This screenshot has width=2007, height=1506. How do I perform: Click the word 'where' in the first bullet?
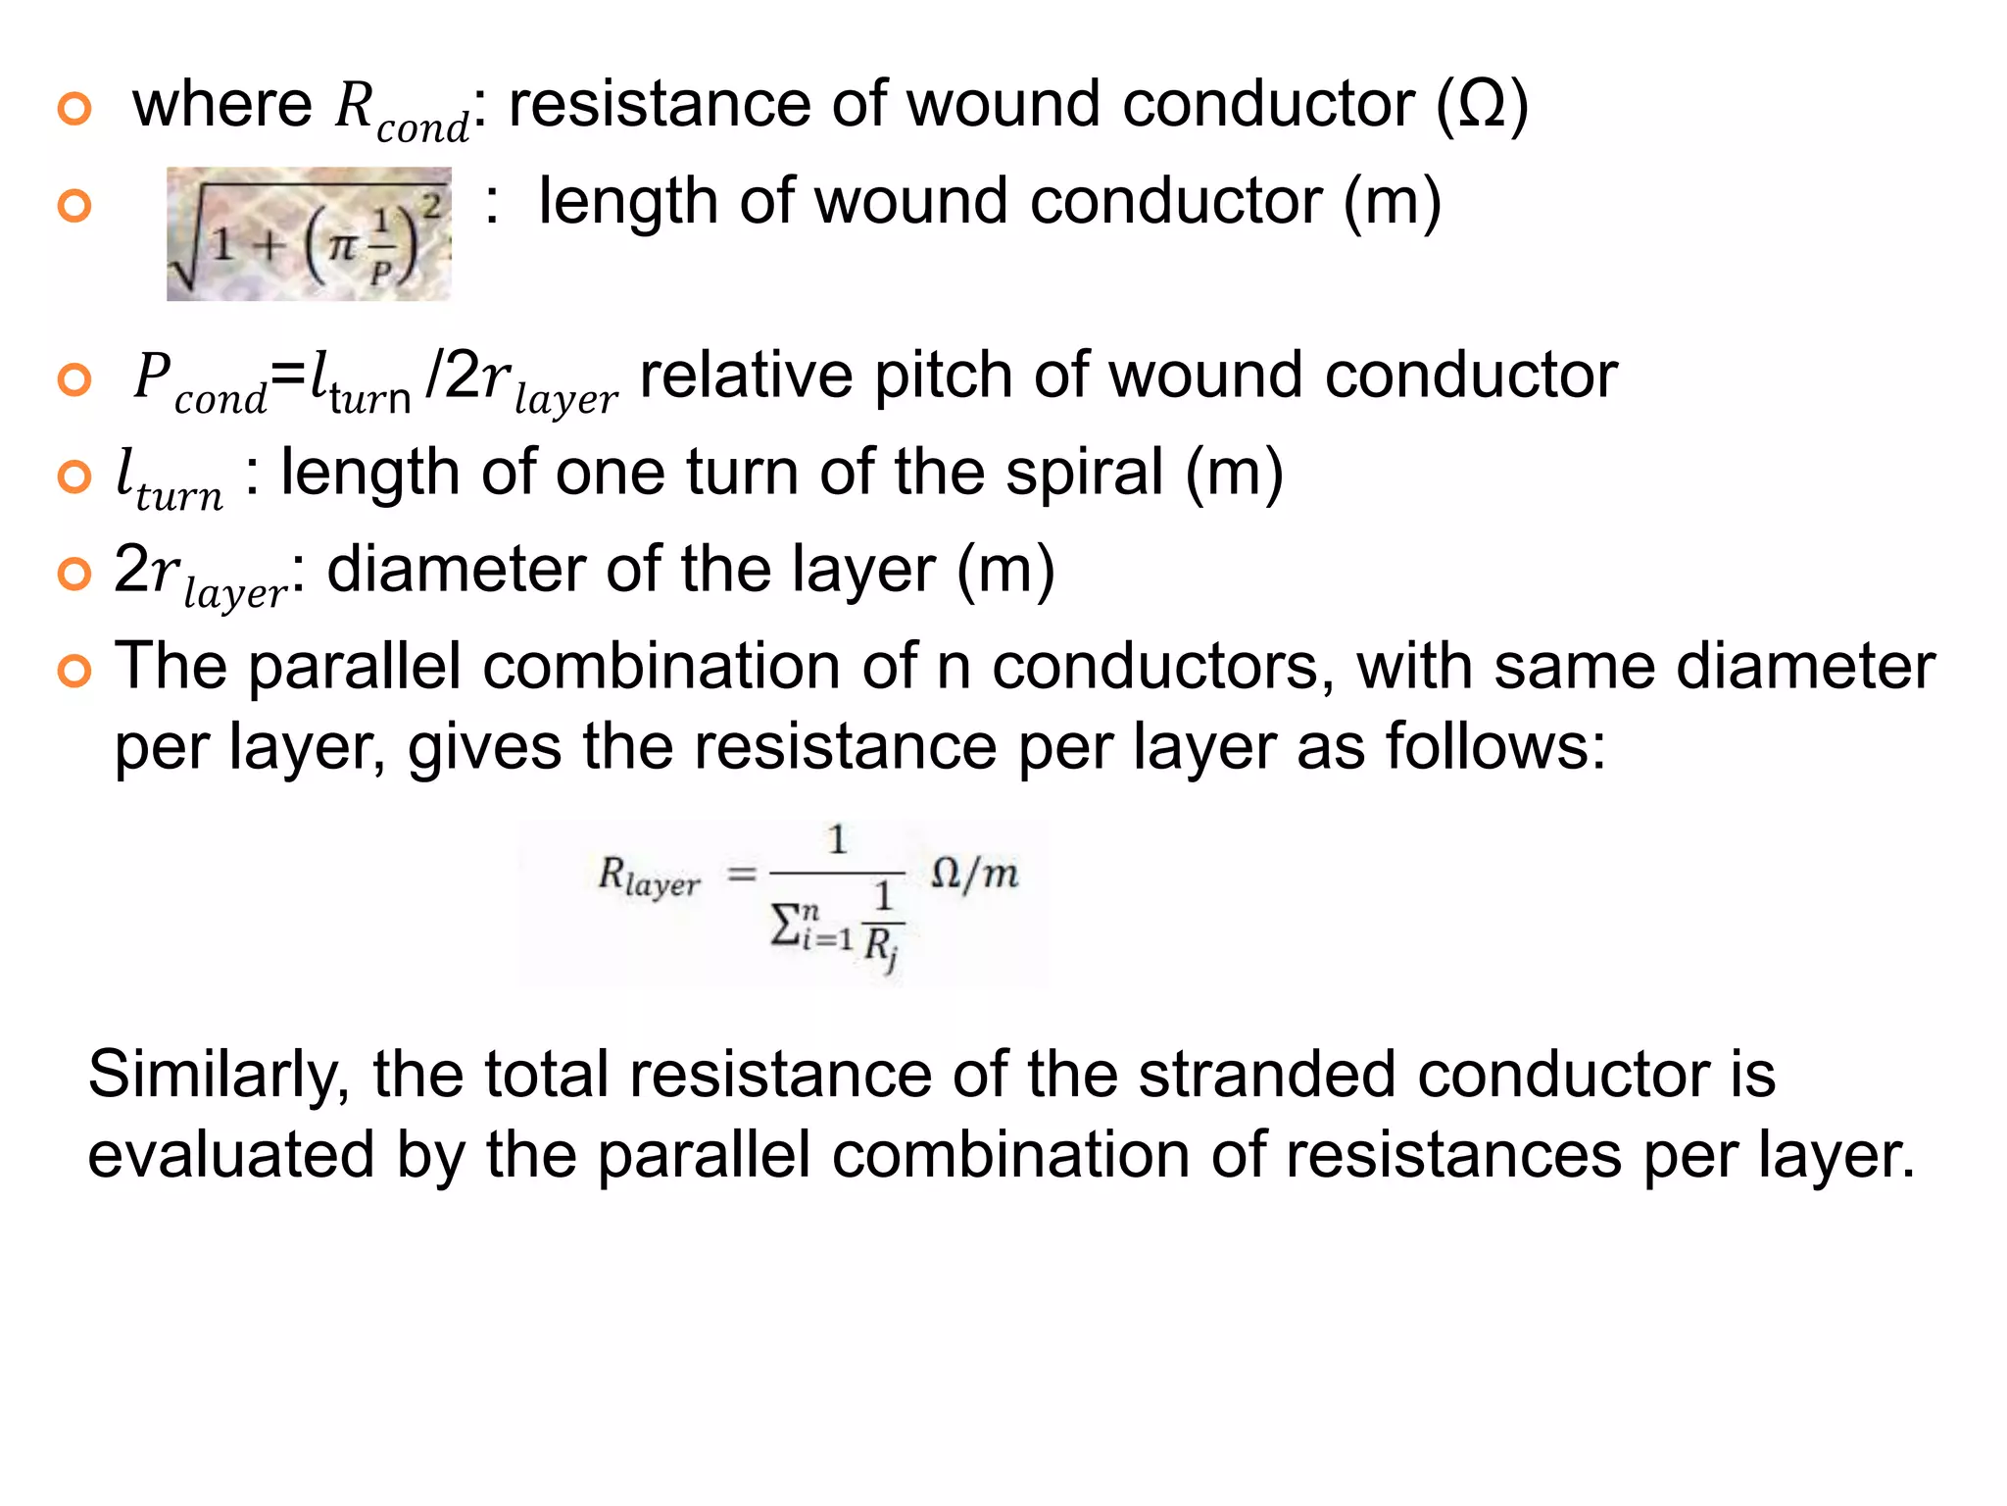(x=222, y=105)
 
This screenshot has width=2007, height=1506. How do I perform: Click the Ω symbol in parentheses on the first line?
(x=1481, y=105)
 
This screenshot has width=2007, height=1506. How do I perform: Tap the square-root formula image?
(x=309, y=234)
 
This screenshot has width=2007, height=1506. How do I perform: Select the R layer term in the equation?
(x=649, y=875)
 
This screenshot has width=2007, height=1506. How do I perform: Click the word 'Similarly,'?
(x=219, y=1075)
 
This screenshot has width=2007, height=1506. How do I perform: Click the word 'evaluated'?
(x=231, y=1155)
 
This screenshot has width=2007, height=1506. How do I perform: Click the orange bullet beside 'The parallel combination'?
(x=74, y=671)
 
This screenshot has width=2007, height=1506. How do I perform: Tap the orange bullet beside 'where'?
(x=74, y=108)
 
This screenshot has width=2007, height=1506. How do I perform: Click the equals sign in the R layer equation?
(x=742, y=873)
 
